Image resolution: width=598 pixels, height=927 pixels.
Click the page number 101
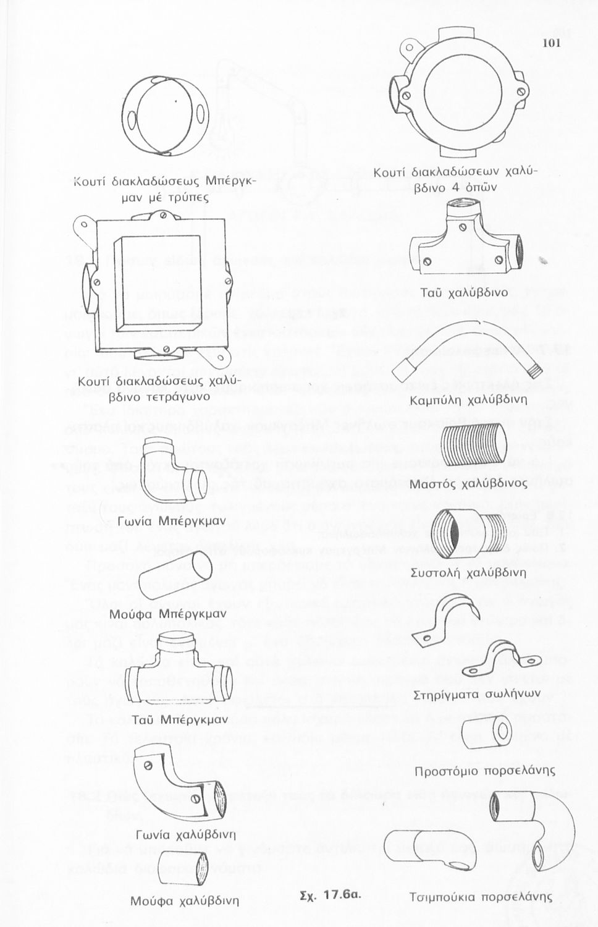click(552, 43)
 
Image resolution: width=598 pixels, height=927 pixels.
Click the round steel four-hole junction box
click(462, 86)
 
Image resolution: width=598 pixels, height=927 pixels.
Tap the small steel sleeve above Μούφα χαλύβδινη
click(184, 868)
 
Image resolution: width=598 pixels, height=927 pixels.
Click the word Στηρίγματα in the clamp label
click(447, 694)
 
